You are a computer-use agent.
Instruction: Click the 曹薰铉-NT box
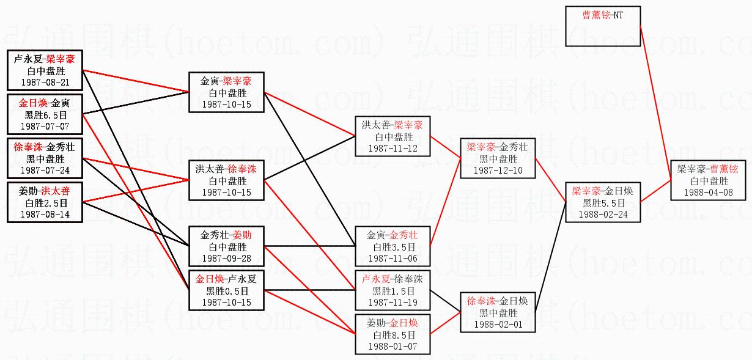603,26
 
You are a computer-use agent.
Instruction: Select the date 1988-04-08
709,192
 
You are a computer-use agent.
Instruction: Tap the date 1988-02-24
603,214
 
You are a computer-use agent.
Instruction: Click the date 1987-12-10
498,170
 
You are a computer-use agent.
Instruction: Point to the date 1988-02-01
498,324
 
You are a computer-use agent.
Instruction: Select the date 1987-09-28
227,258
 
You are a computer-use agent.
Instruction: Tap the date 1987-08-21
45,82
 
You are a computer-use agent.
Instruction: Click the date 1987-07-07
45,126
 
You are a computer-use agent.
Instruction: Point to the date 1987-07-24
45,170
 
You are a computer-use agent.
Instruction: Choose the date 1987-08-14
45,214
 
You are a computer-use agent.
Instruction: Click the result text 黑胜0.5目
227,291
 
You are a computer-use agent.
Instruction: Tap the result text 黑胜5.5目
603,203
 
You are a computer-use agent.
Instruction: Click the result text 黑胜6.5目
45,115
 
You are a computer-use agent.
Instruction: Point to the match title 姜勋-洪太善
45,192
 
